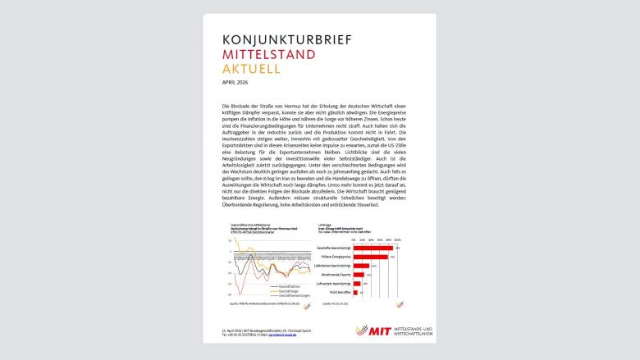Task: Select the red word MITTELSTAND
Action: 268,54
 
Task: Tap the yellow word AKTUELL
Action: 251,69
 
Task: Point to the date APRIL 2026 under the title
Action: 235,83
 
